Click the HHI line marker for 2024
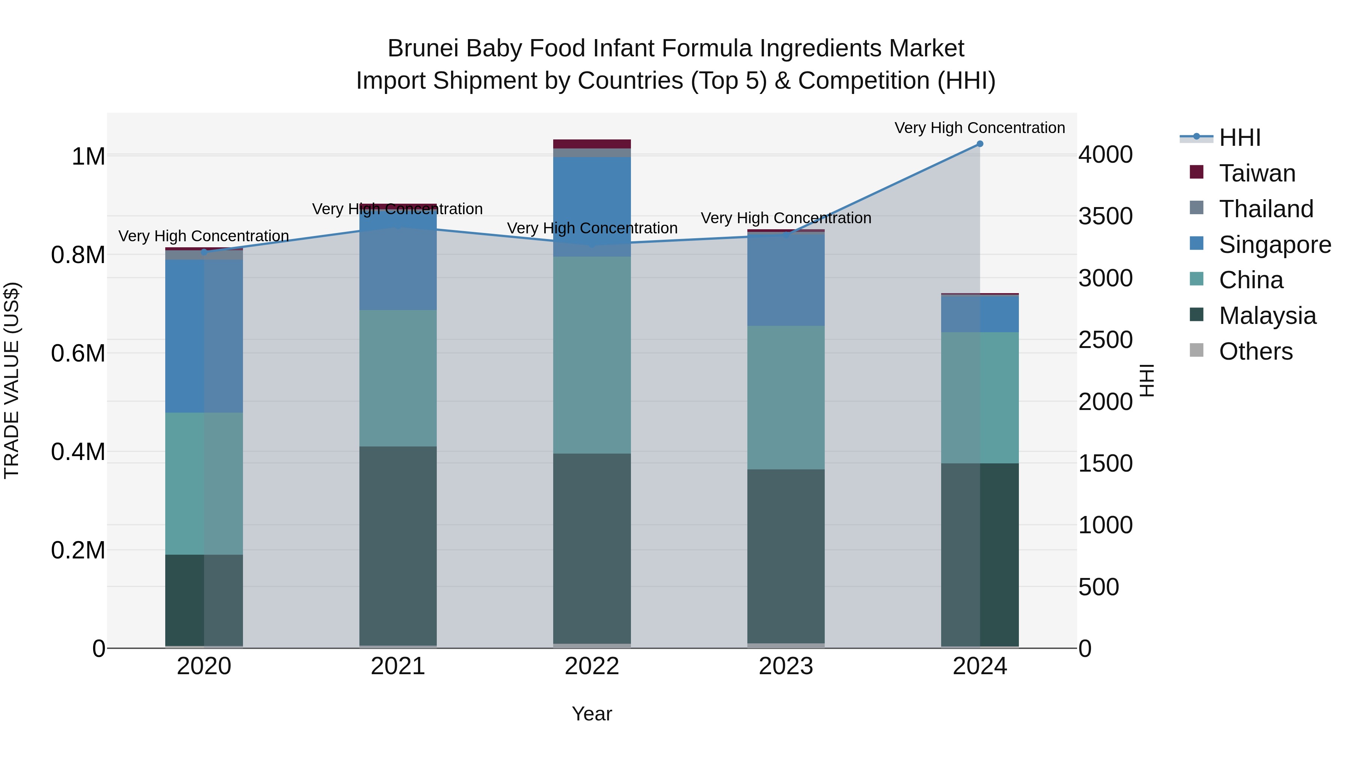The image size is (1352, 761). pos(979,144)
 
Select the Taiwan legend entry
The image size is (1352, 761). pos(1257,173)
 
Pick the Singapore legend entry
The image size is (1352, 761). pos(1274,245)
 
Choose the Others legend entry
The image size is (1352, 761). pos(1255,351)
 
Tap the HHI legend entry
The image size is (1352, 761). pos(1239,138)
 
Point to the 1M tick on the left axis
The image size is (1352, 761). pos(88,156)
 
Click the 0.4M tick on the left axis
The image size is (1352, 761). pos(78,452)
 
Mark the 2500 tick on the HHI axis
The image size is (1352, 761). pos(1105,340)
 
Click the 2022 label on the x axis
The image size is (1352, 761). pos(591,666)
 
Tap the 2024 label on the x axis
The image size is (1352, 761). pos(979,666)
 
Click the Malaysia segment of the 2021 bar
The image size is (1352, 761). pos(398,546)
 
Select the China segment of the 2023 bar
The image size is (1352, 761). pos(786,397)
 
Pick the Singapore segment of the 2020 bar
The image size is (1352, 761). pos(204,336)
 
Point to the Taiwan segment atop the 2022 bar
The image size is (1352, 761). pos(591,144)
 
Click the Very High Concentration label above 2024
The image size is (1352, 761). pos(979,128)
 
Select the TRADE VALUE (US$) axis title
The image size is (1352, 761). pos(12,380)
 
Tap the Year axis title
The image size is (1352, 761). pos(591,714)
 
